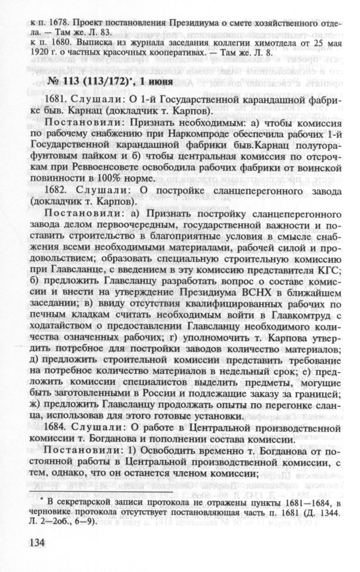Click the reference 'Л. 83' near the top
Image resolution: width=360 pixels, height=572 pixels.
pos(102,32)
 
